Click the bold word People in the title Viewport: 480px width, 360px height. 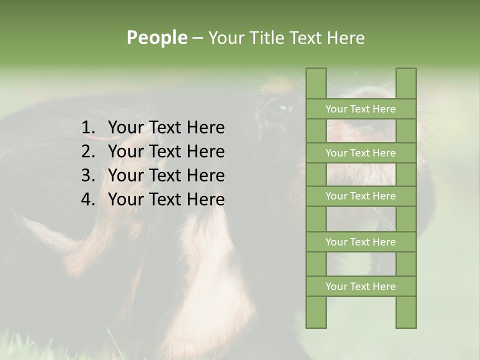(x=156, y=37)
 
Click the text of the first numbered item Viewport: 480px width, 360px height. (x=166, y=128)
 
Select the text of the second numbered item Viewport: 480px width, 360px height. (x=166, y=151)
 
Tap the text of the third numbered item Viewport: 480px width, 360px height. (x=166, y=175)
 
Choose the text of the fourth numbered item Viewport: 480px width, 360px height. (x=166, y=199)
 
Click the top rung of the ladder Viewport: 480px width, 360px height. (x=360, y=109)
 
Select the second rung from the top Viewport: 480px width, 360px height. (x=360, y=153)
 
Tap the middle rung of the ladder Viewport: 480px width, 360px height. (x=360, y=196)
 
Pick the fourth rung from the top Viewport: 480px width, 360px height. (x=360, y=242)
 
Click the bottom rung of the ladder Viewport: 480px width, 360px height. (x=360, y=286)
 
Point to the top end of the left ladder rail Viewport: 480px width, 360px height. (x=316, y=70)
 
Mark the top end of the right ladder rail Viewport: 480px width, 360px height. (x=406, y=70)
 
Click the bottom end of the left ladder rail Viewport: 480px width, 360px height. (x=316, y=326)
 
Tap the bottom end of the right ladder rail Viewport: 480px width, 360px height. (x=406, y=326)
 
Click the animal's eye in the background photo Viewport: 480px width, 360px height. (x=283, y=107)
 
